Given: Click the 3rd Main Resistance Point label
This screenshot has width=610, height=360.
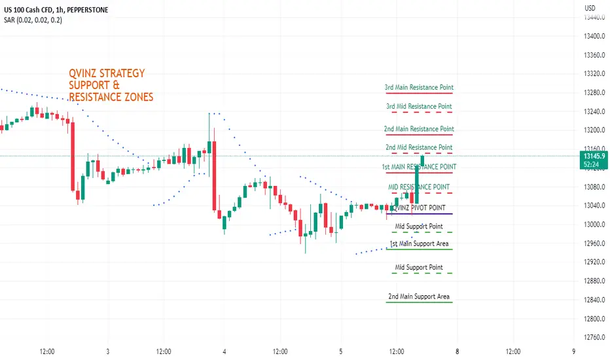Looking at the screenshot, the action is coord(419,87).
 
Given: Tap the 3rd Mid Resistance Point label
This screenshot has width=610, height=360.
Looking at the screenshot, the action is coord(419,106).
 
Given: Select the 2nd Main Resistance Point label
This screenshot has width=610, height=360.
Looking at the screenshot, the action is coord(419,129).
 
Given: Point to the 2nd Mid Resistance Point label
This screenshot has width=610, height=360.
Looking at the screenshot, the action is coord(419,147).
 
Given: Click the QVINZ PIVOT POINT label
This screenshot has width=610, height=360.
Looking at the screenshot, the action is coord(419,208).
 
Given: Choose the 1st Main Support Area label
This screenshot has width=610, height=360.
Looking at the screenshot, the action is coord(419,243).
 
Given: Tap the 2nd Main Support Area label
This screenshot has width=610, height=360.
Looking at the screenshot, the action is coord(419,297).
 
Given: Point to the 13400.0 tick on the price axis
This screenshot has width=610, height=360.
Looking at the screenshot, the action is coord(594,36).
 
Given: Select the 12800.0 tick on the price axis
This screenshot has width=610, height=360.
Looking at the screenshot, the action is coord(594,319).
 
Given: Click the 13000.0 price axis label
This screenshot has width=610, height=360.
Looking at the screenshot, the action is coord(594,225).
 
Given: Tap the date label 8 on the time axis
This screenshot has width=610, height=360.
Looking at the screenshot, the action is coord(457,351).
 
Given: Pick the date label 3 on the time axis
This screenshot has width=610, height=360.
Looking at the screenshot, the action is coord(108,351).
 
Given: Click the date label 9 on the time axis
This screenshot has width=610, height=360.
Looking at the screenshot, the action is coord(573,351).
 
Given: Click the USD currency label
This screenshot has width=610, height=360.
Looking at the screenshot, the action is coord(590,8).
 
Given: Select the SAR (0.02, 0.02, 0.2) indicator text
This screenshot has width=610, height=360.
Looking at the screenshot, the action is coord(33,20).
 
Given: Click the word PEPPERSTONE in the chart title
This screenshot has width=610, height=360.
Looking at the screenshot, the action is coord(88,10).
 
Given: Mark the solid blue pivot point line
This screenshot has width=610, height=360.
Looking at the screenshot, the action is coord(420,214).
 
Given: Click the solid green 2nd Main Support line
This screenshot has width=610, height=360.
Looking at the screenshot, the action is coord(420,302).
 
